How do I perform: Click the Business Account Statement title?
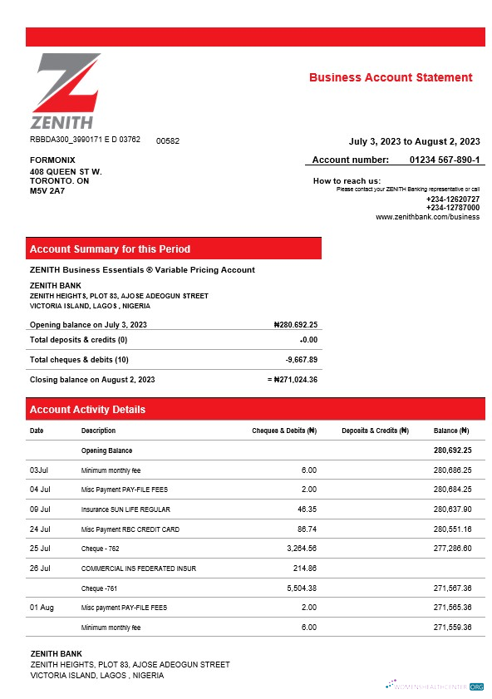point(391,77)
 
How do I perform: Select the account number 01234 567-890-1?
point(445,160)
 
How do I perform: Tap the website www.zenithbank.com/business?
point(427,217)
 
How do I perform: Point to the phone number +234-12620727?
point(452,199)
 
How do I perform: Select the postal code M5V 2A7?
point(47,190)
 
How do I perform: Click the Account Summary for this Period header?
point(110,249)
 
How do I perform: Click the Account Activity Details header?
point(87,410)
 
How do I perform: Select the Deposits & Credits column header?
point(375,431)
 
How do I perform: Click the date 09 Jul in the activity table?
point(41,509)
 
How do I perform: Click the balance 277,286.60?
point(452,549)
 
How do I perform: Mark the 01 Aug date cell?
point(42,608)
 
